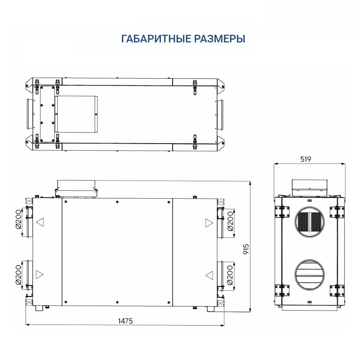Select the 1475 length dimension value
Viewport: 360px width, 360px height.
point(125,321)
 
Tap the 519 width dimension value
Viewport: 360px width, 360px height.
point(305,159)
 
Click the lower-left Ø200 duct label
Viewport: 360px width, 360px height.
point(18,275)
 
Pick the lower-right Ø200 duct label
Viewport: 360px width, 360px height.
point(230,275)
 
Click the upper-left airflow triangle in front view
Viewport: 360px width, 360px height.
point(40,222)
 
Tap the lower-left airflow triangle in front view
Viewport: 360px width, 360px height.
point(40,274)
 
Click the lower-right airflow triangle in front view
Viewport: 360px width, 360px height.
point(209,275)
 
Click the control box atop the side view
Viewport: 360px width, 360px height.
point(310,186)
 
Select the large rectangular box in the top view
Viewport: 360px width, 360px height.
point(76,114)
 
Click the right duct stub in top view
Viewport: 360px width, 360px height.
point(220,114)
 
